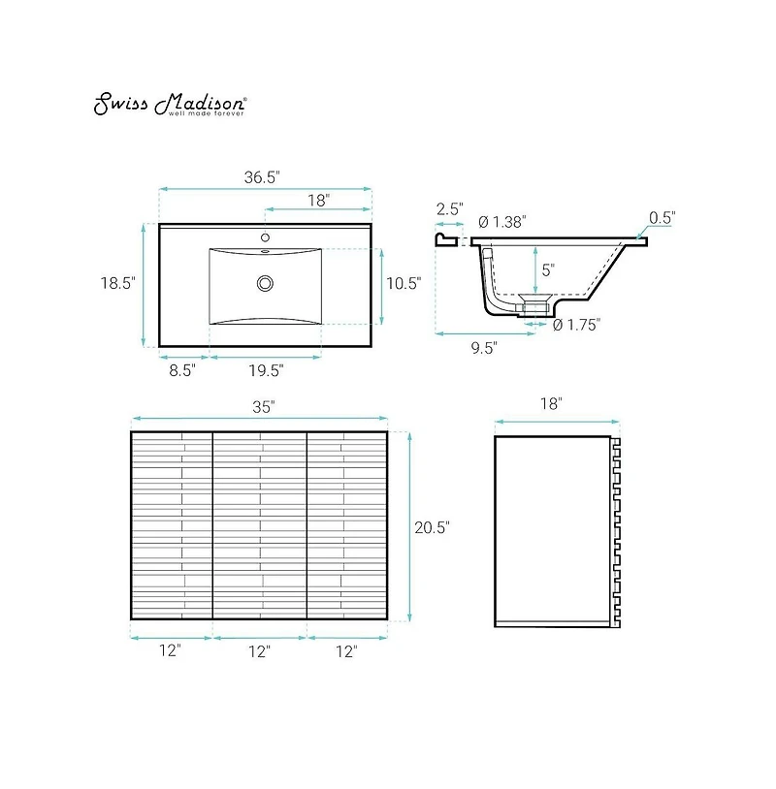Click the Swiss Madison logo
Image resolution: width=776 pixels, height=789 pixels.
(x=170, y=104)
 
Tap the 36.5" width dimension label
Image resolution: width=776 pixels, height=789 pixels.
(x=262, y=177)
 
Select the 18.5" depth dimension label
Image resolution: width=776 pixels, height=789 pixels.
(x=117, y=283)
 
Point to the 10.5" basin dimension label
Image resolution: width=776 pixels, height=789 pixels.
(x=404, y=283)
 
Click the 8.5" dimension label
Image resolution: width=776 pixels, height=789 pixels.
(x=182, y=370)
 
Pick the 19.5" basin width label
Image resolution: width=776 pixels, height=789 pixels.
(x=266, y=371)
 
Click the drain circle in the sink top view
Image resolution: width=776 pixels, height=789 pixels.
(x=265, y=283)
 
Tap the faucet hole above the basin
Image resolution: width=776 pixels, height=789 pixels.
(x=265, y=237)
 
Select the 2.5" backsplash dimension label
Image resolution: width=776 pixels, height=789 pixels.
(x=449, y=208)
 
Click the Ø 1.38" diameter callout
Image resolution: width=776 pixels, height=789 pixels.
(x=502, y=221)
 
